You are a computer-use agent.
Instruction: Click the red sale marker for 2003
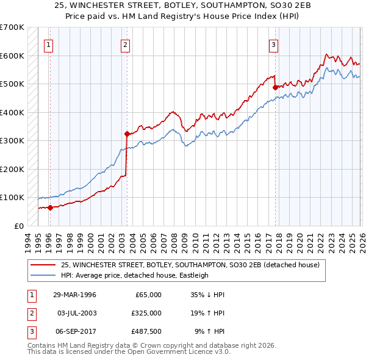[x=127, y=134]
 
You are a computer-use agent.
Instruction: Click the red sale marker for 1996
[x=50, y=207]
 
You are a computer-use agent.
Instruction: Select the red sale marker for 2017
[x=275, y=87]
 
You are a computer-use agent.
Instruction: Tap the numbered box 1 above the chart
[x=48, y=44]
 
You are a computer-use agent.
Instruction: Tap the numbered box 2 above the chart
[x=125, y=44]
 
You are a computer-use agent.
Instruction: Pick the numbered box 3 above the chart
[x=274, y=44]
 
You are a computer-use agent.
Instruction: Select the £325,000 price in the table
[x=146, y=313]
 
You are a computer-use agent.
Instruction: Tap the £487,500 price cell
[x=146, y=331]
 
